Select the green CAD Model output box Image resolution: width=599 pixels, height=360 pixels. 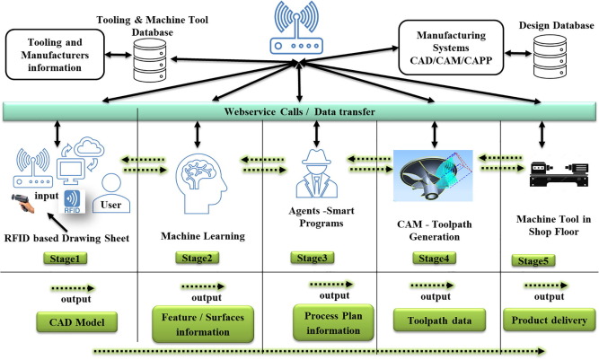[x=66, y=321]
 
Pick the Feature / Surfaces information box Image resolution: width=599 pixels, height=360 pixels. [x=198, y=321]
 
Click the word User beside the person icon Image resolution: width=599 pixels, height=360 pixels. [x=111, y=204]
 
